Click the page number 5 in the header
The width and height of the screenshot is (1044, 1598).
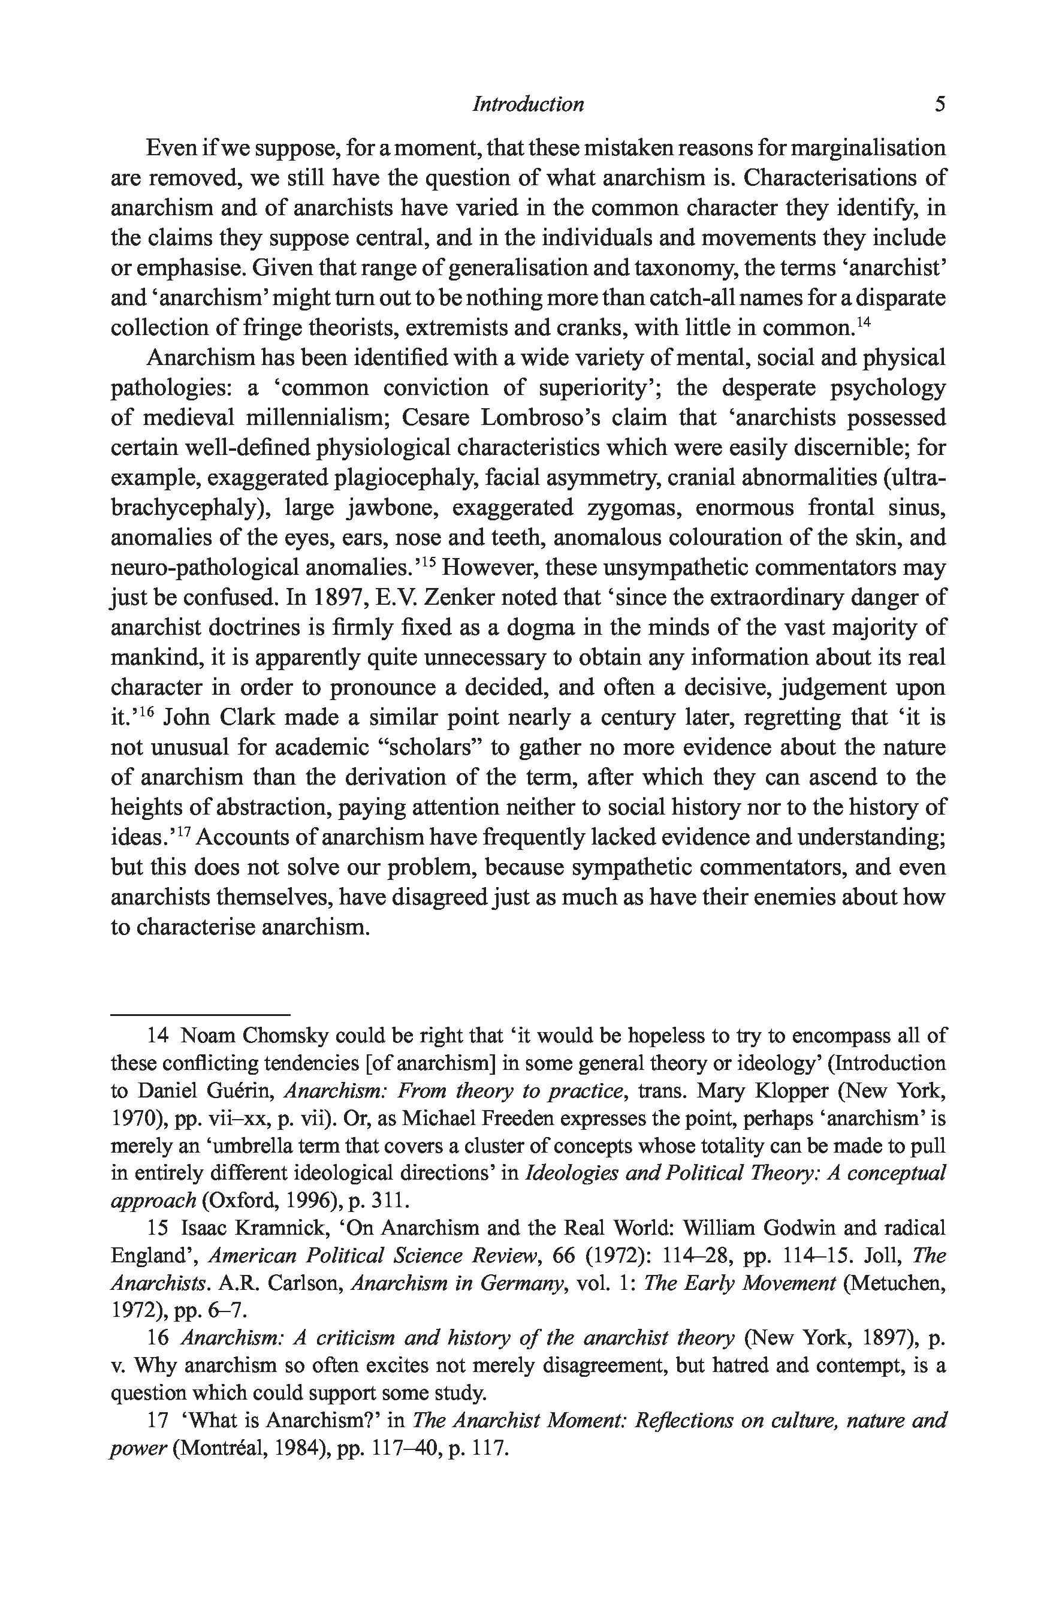[x=940, y=104]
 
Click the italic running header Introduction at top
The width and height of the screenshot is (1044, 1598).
[x=529, y=104]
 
